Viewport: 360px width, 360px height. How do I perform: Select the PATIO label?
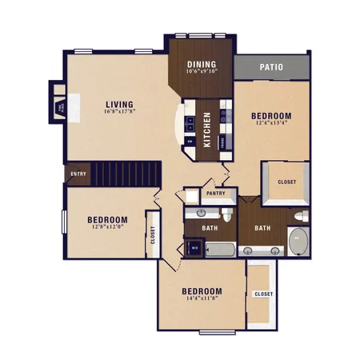(271, 67)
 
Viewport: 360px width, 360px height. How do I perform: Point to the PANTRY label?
(216, 194)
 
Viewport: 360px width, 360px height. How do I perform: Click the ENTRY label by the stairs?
(78, 174)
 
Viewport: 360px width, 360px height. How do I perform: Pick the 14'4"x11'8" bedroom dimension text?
(201, 299)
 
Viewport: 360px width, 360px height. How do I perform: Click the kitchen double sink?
(190, 124)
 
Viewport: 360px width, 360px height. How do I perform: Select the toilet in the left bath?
(227, 215)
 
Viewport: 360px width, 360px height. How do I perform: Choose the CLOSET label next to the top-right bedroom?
(286, 182)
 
